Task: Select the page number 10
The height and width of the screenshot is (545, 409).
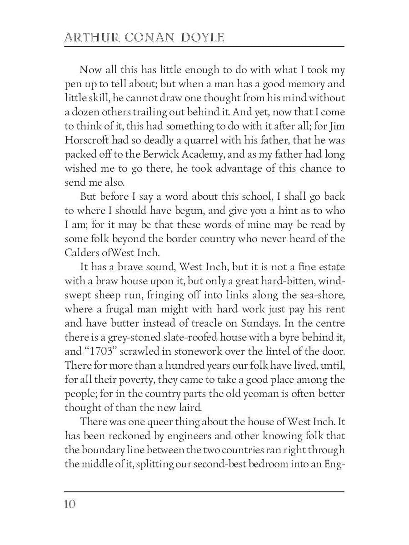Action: (x=70, y=504)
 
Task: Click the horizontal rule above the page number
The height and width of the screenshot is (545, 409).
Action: (x=204, y=491)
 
